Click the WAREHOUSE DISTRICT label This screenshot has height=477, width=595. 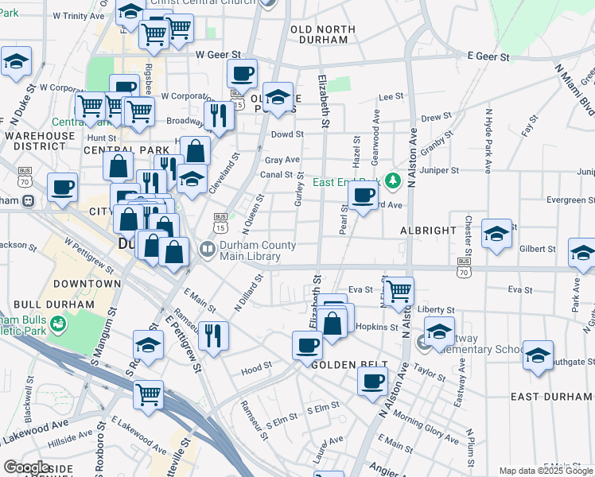coord(38,141)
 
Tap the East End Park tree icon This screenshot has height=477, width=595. coord(391,182)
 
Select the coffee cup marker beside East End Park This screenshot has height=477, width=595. coord(364,196)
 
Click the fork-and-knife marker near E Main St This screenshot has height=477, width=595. coord(212,333)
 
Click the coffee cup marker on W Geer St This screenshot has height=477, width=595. coord(243,74)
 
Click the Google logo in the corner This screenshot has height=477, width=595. coord(26,467)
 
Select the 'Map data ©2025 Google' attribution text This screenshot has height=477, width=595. coord(546,471)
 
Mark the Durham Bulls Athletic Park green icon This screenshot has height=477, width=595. coord(57,324)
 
